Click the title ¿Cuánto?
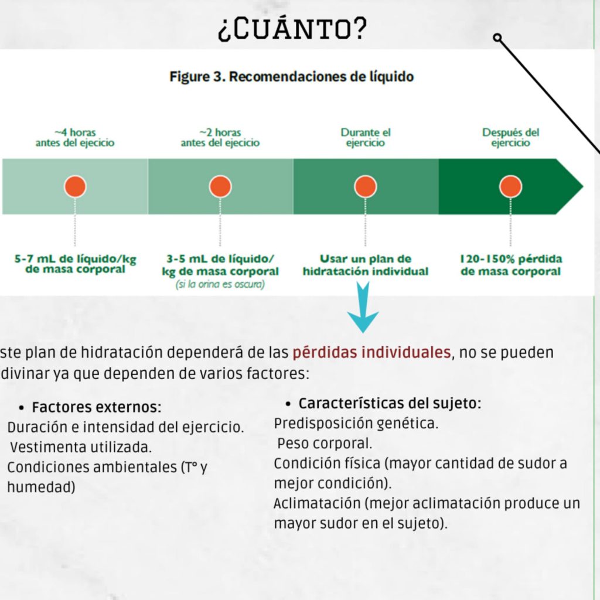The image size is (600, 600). point(292,29)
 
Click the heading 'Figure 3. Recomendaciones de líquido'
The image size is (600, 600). point(292,77)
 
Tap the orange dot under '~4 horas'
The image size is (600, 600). point(75,186)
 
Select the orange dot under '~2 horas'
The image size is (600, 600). point(220,186)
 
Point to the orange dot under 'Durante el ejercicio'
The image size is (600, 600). point(366,186)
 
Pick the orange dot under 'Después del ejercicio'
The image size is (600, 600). point(510,186)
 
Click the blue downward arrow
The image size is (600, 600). point(363,307)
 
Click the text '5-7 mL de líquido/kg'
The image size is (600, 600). point(76,258)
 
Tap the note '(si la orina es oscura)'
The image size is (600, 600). point(220,284)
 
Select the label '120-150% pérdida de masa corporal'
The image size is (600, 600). point(511,265)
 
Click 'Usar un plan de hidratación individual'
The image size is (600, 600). point(366,265)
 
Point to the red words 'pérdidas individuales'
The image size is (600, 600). point(371,352)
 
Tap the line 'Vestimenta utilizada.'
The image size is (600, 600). point(81,447)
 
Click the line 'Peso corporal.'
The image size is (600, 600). point(325,444)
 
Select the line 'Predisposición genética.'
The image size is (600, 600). point(356,423)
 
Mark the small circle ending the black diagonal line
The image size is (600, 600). point(497,37)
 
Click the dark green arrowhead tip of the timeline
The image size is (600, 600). point(583,186)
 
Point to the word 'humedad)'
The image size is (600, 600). point(42,487)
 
